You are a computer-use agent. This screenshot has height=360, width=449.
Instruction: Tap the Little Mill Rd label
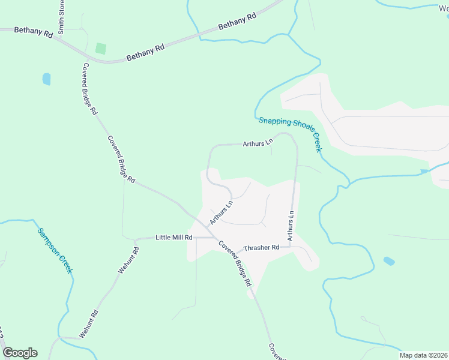click(173, 238)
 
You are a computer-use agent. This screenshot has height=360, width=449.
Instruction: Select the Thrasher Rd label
click(262, 248)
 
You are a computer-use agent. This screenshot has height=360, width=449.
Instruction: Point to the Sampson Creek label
click(55, 250)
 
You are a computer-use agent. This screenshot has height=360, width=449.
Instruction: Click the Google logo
click(20, 353)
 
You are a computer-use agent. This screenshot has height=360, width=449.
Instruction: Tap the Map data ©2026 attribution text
click(424, 355)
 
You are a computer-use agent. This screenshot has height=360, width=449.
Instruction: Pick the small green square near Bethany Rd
click(101, 48)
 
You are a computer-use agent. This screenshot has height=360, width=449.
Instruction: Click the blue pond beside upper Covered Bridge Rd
click(46, 79)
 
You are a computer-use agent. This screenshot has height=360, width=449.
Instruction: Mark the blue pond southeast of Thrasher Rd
click(389, 261)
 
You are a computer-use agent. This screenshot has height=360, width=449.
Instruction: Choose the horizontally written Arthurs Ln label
click(258, 143)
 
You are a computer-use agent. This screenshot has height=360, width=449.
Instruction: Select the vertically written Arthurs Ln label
click(291, 226)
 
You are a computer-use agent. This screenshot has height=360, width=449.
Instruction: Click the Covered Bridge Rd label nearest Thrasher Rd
click(234, 263)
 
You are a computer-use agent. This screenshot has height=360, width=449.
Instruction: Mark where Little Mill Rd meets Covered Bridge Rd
click(215, 238)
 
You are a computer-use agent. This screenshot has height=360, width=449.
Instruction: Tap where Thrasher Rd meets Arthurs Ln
click(291, 246)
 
